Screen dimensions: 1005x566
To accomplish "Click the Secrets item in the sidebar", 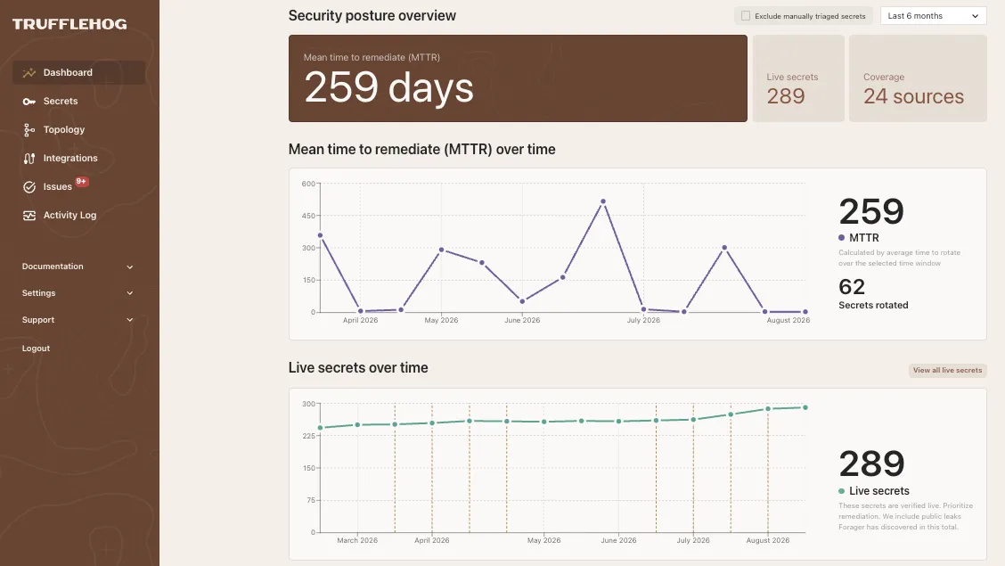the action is click(61, 102).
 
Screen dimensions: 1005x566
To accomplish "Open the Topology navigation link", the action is click(63, 129).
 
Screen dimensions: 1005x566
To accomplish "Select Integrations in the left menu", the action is click(69, 159).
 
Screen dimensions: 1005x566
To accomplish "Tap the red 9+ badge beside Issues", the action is click(81, 182).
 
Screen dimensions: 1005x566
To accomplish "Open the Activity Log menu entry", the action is click(69, 216).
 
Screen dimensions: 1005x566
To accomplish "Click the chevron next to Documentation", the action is click(130, 267).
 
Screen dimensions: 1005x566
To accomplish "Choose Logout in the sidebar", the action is click(36, 349).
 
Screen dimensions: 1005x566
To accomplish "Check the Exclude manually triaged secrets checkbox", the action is click(746, 16).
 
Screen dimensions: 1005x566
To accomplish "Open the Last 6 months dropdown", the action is click(933, 16).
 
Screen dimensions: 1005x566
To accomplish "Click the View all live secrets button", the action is click(947, 371).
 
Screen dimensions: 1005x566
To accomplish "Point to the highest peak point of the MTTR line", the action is click(603, 201).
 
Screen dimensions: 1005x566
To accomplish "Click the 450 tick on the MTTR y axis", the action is click(308, 216).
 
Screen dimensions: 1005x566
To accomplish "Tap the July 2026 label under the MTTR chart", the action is click(643, 321).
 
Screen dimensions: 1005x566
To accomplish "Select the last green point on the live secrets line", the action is click(805, 407).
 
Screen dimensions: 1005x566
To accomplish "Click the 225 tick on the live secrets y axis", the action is click(308, 436).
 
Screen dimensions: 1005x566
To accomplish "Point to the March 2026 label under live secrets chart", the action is click(357, 540).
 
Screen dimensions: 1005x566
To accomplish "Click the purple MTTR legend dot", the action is click(842, 238).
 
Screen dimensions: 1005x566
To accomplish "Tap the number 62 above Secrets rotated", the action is click(852, 286).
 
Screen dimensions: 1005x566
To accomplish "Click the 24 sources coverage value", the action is click(913, 96).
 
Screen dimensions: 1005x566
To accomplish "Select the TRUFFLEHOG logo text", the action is click(69, 24).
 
